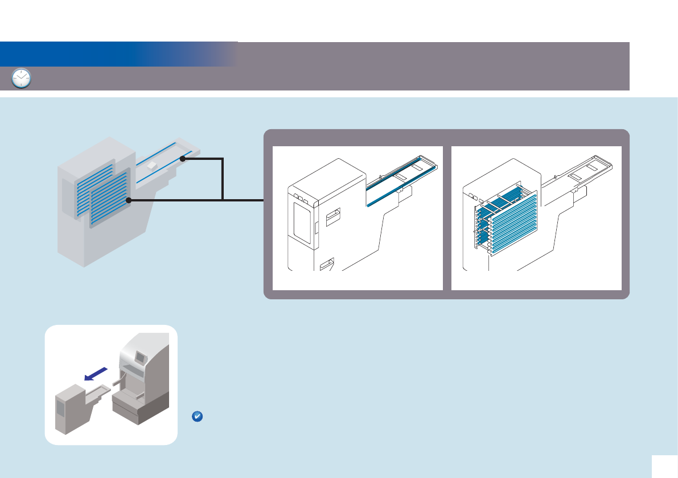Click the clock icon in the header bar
(x=22, y=79)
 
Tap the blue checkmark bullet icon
(x=196, y=417)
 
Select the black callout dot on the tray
(x=182, y=159)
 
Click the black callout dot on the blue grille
(x=129, y=200)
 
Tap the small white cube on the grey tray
(x=151, y=165)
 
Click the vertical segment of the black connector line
(x=223, y=179)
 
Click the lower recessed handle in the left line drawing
(x=327, y=265)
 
